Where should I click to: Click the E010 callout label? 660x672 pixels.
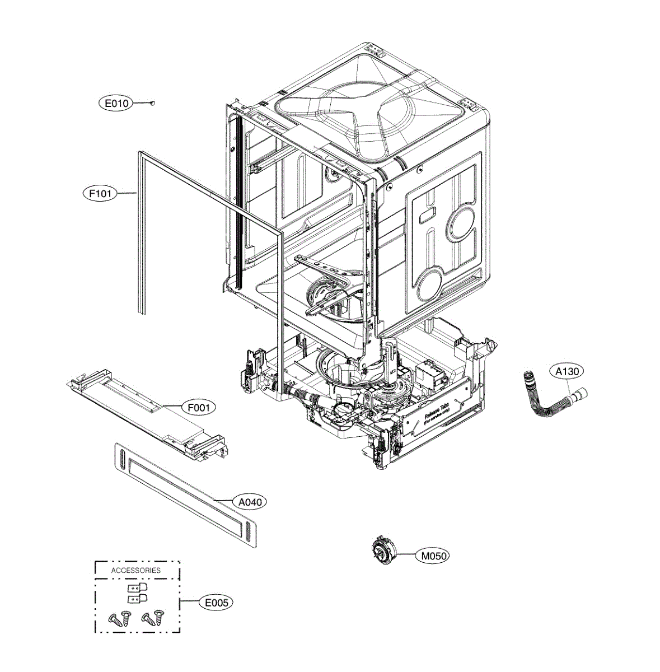pos(115,103)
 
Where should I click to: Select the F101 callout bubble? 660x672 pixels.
pos(100,194)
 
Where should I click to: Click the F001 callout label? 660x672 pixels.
pos(198,407)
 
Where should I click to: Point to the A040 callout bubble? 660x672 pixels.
pos(250,502)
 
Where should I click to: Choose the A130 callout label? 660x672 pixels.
pos(567,371)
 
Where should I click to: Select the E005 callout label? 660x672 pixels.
pos(216,603)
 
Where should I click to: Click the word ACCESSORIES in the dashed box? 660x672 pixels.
pos(136,570)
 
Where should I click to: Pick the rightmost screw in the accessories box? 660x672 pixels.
pos(159,618)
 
